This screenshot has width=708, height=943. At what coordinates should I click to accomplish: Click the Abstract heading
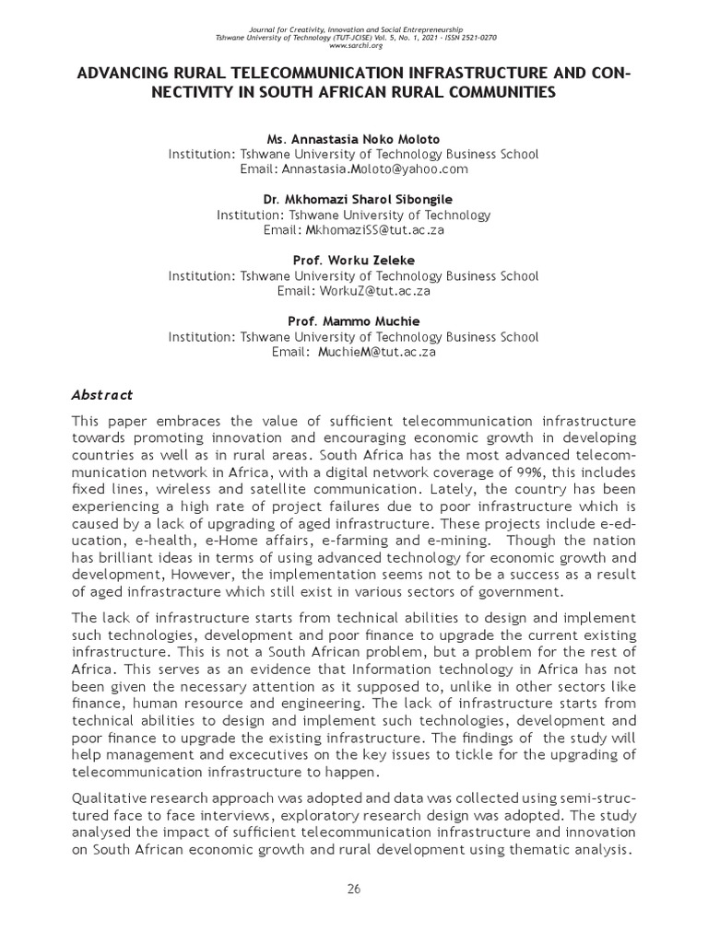point(102,395)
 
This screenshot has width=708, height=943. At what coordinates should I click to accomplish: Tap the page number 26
point(353,888)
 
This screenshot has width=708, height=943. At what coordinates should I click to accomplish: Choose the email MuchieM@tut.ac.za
point(376,352)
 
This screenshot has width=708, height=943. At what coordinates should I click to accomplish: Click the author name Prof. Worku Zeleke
point(353,261)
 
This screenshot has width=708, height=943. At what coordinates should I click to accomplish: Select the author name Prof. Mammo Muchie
point(353,321)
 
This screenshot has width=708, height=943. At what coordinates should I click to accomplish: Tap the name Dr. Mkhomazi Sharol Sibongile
point(353,200)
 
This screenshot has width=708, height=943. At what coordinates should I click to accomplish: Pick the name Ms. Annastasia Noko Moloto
point(353,139)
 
